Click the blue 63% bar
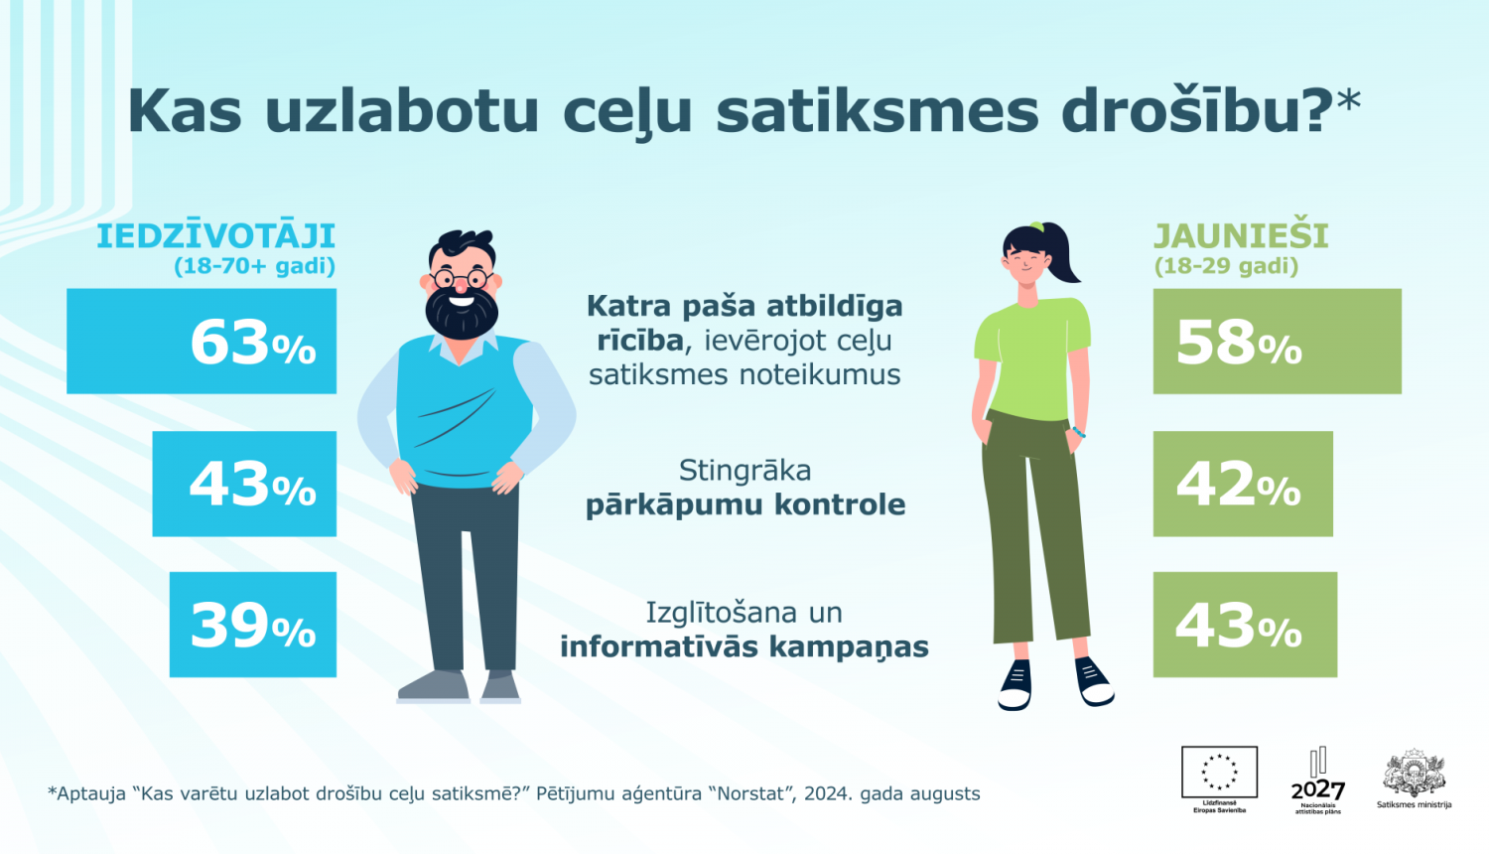[202, 342]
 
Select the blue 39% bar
[253, 625]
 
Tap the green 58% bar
[1277, 342]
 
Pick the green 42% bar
[1243, 484]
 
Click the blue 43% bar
[244, 484]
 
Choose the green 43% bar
[1245, 625]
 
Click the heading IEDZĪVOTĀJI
[215, 236]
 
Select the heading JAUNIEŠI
[1241, 236]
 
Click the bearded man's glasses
[462, 277]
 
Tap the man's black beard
[462, 314]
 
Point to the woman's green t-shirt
[1032, 357]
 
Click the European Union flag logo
[1219, 773]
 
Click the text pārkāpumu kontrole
[745, 504]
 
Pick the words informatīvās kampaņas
[744, 646]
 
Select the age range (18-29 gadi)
[1226, 266]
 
